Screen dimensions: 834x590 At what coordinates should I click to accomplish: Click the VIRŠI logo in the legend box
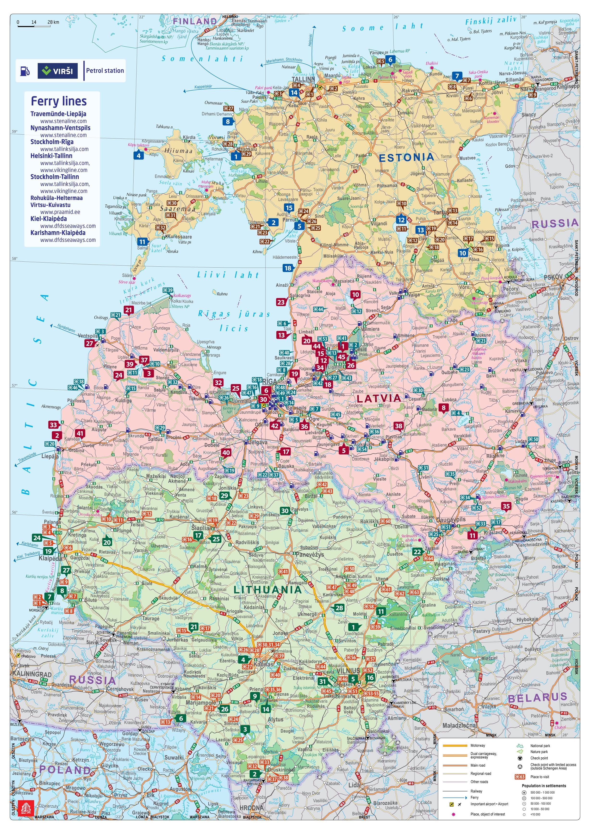[x=57, y=71]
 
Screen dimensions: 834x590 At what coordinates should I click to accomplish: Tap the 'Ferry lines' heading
[x=59, y=101]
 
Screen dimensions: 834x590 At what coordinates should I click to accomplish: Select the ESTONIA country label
[x=406, y=157]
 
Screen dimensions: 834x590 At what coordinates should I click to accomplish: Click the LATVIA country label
[x=379, y=398]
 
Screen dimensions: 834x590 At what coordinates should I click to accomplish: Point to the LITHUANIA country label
[x=267, y=590]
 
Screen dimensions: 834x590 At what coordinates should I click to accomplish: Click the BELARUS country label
[x=537, y=698]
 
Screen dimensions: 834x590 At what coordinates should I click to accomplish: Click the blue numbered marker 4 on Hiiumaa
[x=138, y=155]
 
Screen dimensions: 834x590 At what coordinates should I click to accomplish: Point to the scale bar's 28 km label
[x=53, y=22]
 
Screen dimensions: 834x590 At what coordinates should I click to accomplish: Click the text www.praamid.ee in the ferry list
[x=60, y=212]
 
